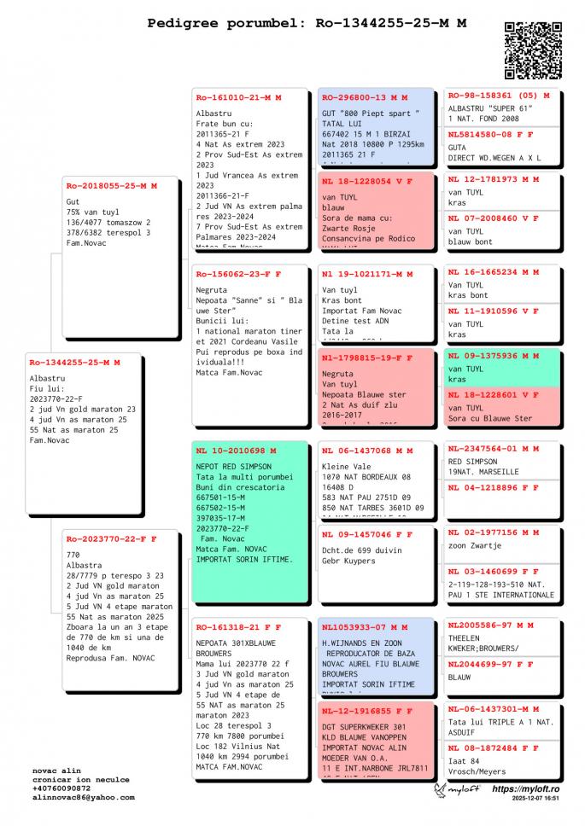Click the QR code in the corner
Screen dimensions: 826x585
click(533, 50)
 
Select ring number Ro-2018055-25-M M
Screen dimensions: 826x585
click(112, 185)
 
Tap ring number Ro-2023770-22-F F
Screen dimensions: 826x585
click(111, 538)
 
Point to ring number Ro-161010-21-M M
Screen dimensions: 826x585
click(238, 97)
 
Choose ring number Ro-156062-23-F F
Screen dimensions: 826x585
click(238, 274)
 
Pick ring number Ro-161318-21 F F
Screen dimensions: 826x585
click(238, 626)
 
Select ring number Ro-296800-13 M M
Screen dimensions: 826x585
click(365, 97)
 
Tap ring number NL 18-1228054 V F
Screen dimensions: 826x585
click(367, 181)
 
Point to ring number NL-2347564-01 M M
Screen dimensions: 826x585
click(494, 448)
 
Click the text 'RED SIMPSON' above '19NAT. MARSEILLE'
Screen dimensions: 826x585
click(472, 462)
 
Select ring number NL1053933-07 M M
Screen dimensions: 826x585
click(365, 626)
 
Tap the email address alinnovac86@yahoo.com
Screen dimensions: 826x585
click(84, 797)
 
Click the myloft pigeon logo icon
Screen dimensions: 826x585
click(442, 791)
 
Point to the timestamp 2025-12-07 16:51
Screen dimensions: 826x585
click(536, 800)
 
